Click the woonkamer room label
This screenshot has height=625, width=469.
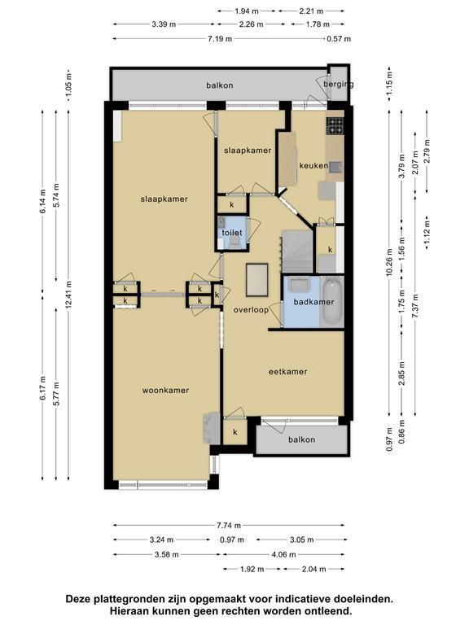click(x=165, y=391)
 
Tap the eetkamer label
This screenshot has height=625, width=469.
click(x=287, y=372)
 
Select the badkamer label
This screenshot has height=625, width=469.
click(x=313, y=302)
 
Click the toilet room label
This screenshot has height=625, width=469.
click(x=232, y=233)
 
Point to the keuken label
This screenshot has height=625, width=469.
click(x=313, y=166)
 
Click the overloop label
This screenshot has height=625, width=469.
click(x=251, y=310)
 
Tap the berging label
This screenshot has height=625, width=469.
click(x=338, y=84)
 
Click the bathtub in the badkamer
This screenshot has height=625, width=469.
click(x=332, y=302)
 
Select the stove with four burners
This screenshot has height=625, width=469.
click(x=335, y=126)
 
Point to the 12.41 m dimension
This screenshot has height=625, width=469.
click(x=69, y=295)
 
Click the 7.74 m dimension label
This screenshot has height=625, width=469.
click(x=229, y=526)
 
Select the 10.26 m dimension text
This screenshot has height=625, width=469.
click(x=390, y=263)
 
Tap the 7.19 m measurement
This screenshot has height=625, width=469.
click(x=219, y=39)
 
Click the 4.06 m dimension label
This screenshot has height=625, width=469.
click(x=283, y=554)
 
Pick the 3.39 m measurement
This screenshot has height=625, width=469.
click(x=164, y=24)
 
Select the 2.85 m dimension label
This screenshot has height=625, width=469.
click(x=402, y=374)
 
